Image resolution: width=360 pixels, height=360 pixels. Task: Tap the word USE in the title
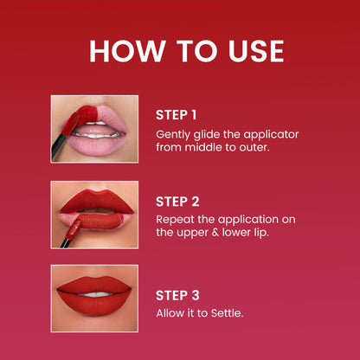tap(255, 51)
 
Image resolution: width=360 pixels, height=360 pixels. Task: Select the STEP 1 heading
tap(176, 115)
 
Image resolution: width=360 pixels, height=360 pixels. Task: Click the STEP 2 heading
tap(177, 202)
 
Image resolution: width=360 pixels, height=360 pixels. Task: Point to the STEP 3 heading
tap(177, 295)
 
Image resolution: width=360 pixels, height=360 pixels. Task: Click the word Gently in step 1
tap(173, 135)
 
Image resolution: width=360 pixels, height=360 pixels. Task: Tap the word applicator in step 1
tap(271, 135)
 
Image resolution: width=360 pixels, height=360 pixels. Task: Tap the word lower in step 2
tap(236, 233)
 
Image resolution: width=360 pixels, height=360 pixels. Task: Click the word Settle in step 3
tap(227, 313)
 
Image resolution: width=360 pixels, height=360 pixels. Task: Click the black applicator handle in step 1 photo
tap(59, 145)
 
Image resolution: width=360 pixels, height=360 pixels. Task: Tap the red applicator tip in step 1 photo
tap(70, 124)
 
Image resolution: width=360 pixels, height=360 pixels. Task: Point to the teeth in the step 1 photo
tap(97, 134)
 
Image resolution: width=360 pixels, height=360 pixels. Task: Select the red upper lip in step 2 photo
tap(97, 201)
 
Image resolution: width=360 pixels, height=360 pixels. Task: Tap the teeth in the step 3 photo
tap(96, 294)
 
